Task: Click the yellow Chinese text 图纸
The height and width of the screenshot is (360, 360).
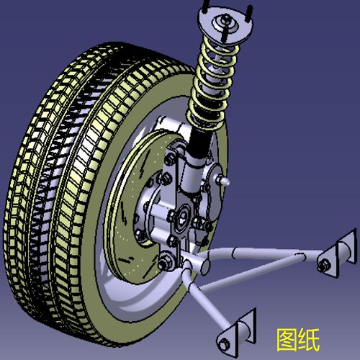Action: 297,338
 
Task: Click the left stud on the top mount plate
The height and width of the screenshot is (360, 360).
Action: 207,9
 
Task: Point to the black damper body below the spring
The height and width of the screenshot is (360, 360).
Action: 199,144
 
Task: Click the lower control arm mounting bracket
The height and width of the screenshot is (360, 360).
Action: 238,331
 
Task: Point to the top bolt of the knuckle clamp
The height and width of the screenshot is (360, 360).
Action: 173,155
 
